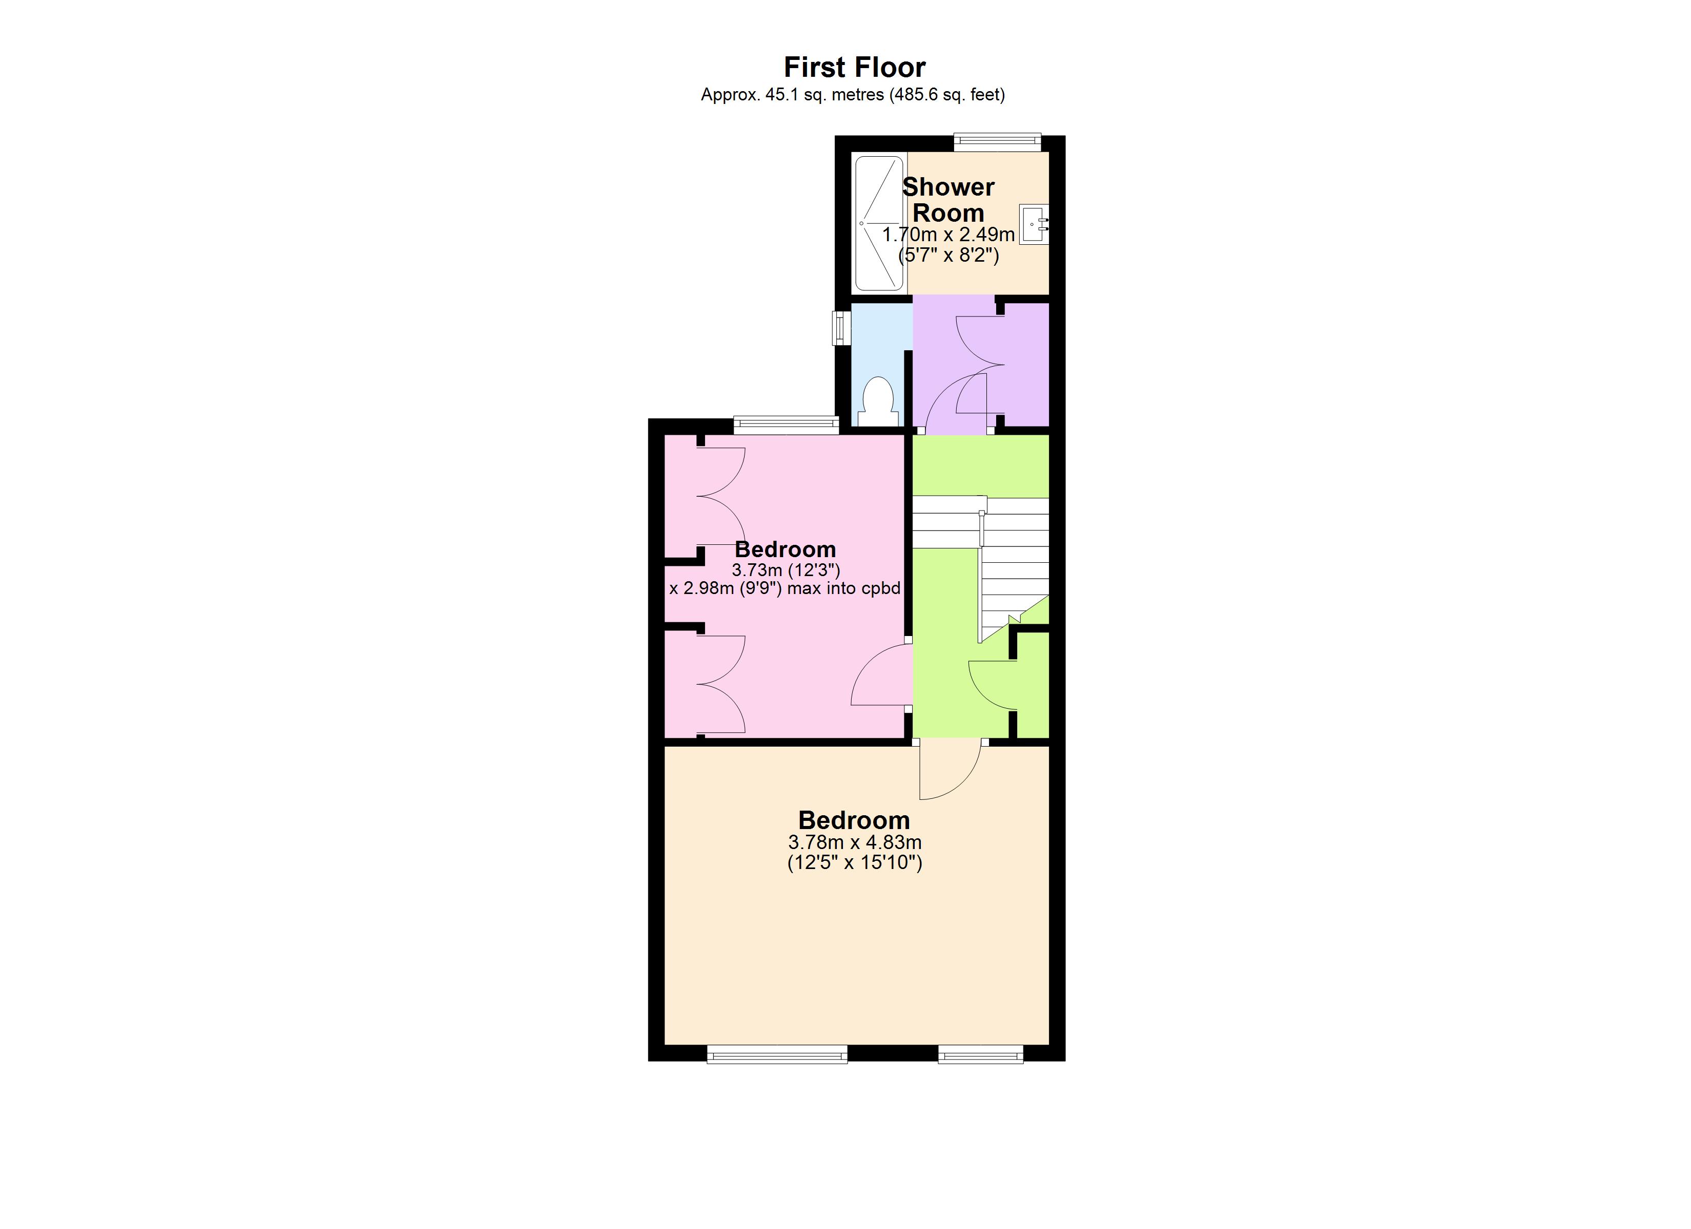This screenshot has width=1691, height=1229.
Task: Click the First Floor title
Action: click(x=854, y=68)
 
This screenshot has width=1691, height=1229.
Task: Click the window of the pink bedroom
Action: click(x=786, y=425)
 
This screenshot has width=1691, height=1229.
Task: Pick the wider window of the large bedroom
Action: click(x=777, y=1053)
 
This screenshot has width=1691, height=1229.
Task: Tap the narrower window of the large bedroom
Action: click(x=980, y=1053)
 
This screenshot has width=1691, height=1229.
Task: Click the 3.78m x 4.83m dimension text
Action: click(x=854, y=843)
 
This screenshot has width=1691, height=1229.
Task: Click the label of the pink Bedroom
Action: click(x=785, y=550)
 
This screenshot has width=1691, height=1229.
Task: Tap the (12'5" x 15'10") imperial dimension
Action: click(x=854, y=863)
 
